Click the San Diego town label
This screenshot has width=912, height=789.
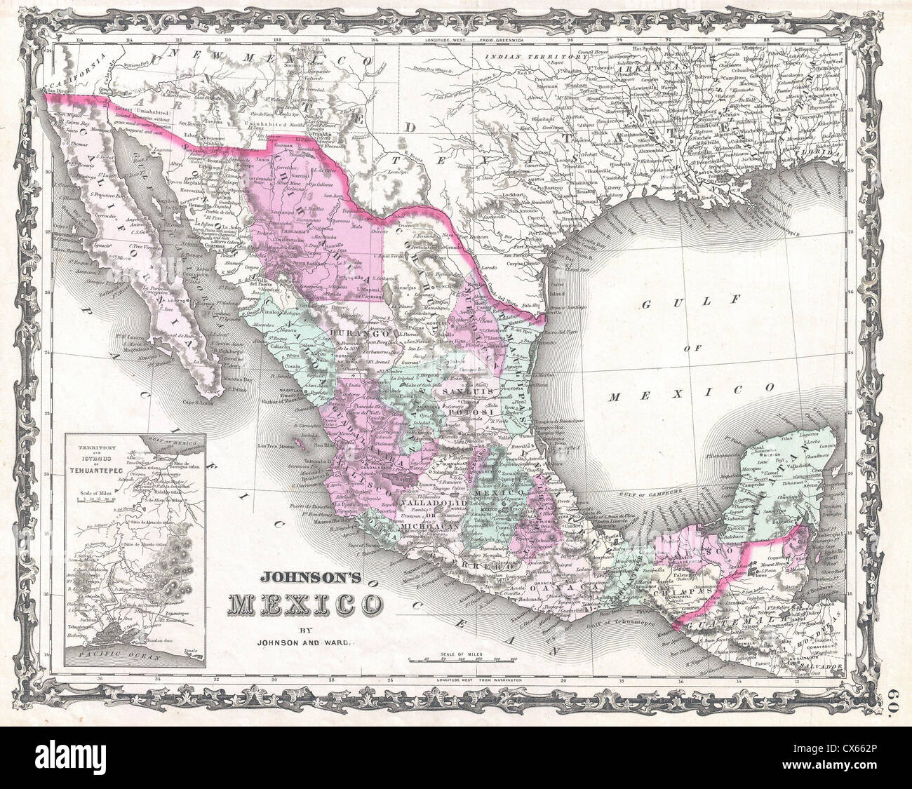(x=58, y=88)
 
